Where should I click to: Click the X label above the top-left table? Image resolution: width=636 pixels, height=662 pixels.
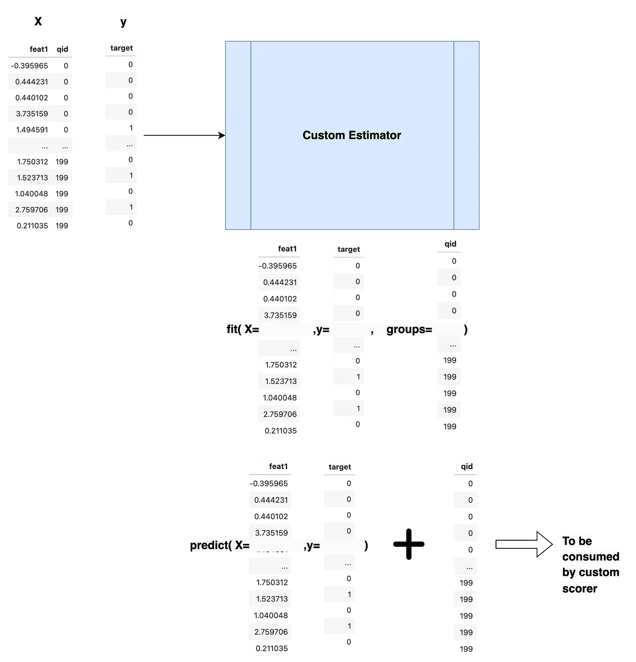38,21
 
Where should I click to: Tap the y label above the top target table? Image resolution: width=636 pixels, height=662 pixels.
123,22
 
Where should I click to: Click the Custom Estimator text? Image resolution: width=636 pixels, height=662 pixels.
352,135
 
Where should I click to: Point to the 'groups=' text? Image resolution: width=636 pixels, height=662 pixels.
409,329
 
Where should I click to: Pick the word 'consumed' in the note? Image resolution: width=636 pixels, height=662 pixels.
591,557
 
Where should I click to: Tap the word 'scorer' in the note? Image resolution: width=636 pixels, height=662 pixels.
580,588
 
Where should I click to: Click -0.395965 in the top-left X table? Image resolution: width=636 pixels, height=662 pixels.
29,66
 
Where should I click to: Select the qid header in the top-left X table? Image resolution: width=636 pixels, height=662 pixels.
62,49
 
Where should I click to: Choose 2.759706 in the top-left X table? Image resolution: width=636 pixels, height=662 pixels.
31,210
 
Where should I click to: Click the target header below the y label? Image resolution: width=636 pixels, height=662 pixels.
122,48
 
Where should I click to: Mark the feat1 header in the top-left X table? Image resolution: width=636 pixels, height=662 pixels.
39,49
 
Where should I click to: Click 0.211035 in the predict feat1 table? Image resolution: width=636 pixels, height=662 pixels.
272,648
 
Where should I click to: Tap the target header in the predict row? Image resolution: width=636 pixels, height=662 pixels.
340,467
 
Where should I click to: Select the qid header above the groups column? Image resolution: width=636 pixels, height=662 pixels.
451,244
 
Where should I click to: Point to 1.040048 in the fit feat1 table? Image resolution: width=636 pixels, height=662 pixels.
280,398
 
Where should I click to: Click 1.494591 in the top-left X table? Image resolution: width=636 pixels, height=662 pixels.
32,130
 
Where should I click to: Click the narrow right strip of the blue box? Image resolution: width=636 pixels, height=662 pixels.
466,135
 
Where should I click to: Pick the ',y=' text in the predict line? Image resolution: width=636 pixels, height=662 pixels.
312,545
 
